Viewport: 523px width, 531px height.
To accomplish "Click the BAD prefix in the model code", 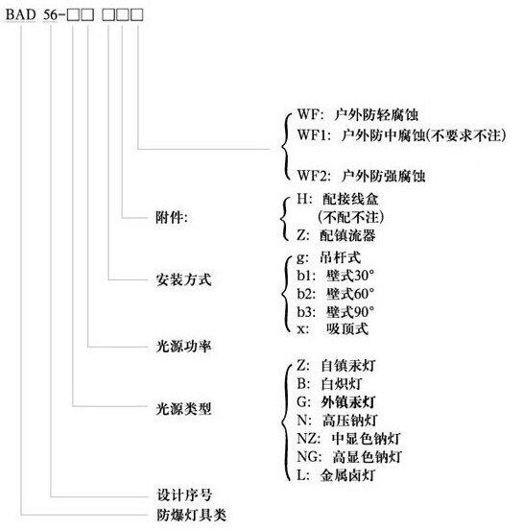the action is (21, 15).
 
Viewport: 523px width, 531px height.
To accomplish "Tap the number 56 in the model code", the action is (51, 15).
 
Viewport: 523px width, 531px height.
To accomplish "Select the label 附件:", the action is (171, 217).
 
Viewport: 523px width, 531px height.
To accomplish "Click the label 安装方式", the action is (183, 279).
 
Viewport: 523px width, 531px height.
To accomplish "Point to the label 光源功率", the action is (183, 346).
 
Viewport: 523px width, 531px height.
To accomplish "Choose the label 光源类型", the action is (183, 409).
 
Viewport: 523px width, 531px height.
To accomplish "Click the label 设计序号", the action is (184, 495).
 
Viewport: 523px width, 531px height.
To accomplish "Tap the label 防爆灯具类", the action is (191, 515).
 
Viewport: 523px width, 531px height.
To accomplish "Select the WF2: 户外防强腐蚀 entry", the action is (361, 176).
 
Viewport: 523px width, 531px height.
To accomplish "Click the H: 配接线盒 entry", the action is (338, 199).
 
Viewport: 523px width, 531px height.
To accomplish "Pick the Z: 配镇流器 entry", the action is (336, 235).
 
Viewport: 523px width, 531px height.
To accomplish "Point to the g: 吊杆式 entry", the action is (329, 257).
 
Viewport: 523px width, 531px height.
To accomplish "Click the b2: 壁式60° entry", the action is (336, 294).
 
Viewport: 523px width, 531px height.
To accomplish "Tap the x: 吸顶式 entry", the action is (332, 328).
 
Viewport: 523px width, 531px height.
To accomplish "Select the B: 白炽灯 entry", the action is (329, 384).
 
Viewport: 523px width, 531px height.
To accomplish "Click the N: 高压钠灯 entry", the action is (337, 421).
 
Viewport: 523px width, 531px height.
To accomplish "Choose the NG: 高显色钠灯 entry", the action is (349, 457).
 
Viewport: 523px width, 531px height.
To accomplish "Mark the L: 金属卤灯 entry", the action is (336, 475).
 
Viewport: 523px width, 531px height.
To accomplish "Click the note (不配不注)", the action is (351, 217).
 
